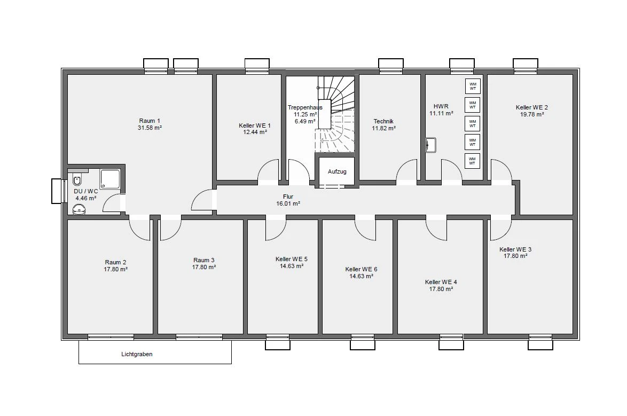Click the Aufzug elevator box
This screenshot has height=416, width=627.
[336, 171]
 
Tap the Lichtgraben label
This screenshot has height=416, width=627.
[137, 354]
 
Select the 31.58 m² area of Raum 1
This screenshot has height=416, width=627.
[150, 128]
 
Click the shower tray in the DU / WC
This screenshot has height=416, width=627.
[110, 179]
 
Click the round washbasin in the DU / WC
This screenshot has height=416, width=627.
[79, 209]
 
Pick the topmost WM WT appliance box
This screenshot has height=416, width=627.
[473, 86]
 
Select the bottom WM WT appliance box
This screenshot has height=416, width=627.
[472, 161]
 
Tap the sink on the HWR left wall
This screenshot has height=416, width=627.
[430, 145]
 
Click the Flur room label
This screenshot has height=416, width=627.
[288, 197]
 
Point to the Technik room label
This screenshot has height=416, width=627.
[383, 121]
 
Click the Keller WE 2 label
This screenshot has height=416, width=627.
[532, 107]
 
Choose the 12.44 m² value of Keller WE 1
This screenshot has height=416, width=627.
[255, 132]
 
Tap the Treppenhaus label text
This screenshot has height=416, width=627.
[305, 107]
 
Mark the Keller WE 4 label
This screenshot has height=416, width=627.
[441, 282]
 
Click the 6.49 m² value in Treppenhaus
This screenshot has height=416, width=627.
[305, 121]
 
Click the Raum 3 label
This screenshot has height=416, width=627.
[204, 261]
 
